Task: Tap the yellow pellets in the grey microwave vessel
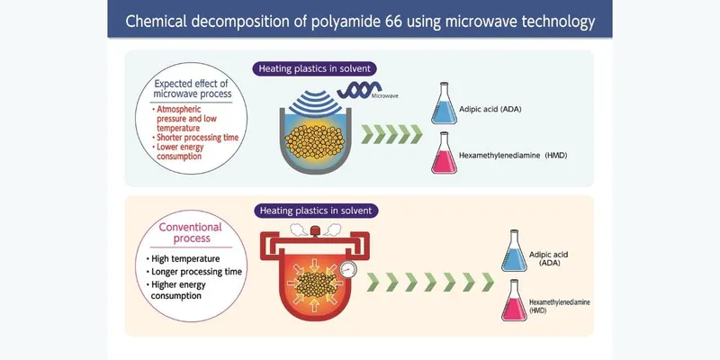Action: pos(310,139)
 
